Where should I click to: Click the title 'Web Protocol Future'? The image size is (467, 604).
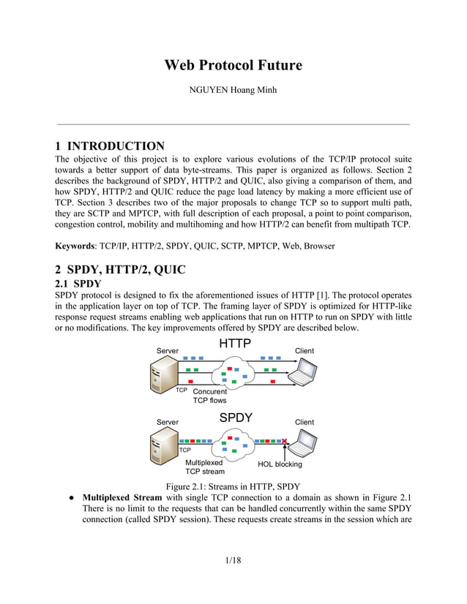point(233,65)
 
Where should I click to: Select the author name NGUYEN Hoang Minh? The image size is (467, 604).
point(233,91)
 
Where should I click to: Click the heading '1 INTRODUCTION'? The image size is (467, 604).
point(111,146)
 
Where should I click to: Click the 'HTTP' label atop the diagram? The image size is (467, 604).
point(235,344)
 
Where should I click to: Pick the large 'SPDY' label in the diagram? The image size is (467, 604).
point(236,418)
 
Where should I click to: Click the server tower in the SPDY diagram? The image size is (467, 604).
point(163,447)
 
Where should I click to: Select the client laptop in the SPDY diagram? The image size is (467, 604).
point(303,445)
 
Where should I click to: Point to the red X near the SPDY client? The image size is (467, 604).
point(284,441)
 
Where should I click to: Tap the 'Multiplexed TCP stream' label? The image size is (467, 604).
point(204,467)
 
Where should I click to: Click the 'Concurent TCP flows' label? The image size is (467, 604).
point(209,396)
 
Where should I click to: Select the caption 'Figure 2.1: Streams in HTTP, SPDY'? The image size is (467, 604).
point(233,487)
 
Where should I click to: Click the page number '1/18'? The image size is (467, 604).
point(233,560)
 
